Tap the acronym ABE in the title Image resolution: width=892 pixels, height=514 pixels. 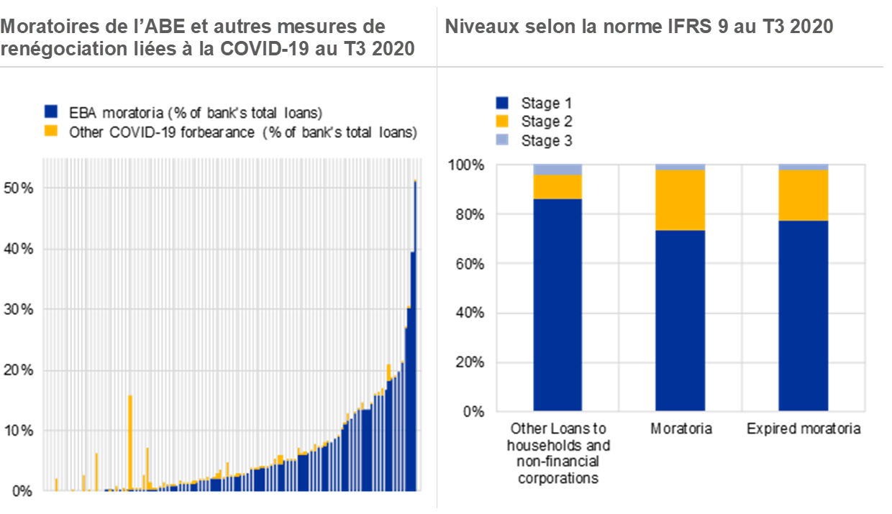pyautogui.click(x=167, y=27)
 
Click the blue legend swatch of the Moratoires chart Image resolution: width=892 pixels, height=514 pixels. pyautogui.click(x=51, y=111)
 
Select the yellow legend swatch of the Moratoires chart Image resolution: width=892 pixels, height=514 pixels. pyautogui.click(x=51, y=130)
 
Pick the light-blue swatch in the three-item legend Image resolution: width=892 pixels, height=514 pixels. pyautogui.click(x=502, y=139)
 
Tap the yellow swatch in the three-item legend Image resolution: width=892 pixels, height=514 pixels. pyautogui.click(x=502, y=121)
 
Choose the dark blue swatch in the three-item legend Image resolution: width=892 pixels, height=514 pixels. pyautogui.click(x=502, y=103)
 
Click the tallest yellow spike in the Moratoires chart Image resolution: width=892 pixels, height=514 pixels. pyautogui.click(x=130, y=439)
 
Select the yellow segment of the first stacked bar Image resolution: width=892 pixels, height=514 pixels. pyautogui.click(x=557, y=187)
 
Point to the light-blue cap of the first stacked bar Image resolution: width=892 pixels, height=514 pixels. pyautogui.click(x=557, y=170)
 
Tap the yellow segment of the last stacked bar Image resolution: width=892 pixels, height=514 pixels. pyautogui.click(x=804, y=195)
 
